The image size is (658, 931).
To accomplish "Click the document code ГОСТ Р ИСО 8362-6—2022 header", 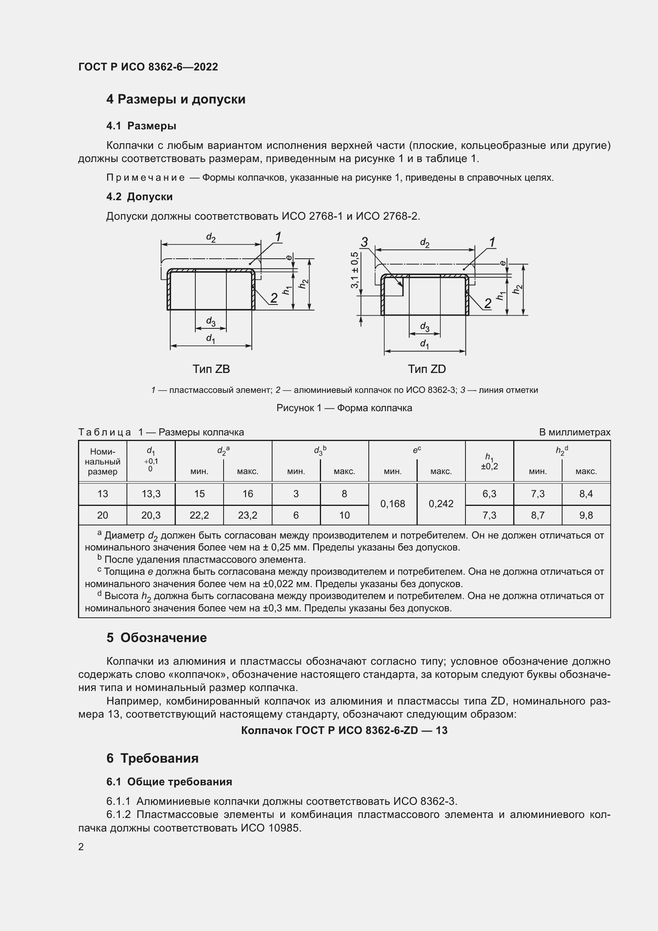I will (x=148, y=67).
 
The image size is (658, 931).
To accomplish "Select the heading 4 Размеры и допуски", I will (x=176, y=100).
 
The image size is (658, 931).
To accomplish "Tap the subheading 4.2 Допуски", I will (x=139, y=197).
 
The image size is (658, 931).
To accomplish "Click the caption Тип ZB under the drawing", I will (x=211, y=369).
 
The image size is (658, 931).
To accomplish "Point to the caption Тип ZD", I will (x=426, y=369).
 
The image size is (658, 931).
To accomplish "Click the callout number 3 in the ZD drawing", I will (x=364, y=242).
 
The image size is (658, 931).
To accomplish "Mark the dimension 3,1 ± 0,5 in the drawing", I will (x=354, y=270).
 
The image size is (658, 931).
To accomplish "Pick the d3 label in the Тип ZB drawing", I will (x=211, y=321).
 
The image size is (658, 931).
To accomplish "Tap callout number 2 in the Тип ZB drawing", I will (x=274, y=298).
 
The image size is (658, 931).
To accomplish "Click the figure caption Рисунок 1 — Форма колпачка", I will (x=344, y=408).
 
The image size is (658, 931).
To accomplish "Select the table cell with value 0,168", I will (x=392, y=504).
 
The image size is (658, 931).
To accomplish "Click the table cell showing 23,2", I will (x=247, y=515).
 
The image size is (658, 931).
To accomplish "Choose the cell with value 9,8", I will (x=586, y=515).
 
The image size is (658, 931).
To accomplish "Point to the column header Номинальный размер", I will (x=103, y=461).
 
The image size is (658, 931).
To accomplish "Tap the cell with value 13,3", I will (x=151, y=494).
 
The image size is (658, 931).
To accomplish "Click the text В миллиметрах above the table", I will (x=574, y=432).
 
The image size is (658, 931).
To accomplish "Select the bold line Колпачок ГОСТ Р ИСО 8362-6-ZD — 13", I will (x=344, y=730).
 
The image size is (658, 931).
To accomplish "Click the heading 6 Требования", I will (x=153, y=758).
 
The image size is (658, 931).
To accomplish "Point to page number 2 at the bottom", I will (x=81, y=847).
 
